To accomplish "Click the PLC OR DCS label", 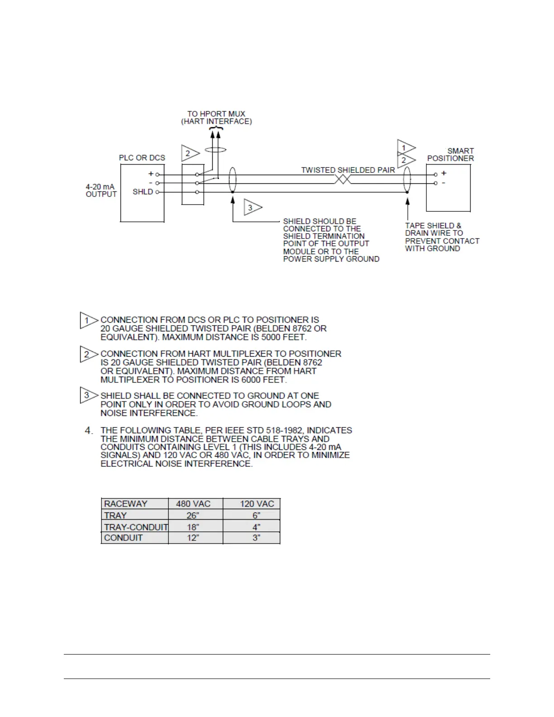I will (142, 158).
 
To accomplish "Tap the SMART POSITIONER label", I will (451, 155).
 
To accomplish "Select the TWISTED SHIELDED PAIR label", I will (348, 170).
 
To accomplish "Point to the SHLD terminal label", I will (143, 192).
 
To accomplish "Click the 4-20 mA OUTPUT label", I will (101, 191).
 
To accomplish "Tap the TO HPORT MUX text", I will (216, 114).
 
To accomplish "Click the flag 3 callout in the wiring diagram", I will (251, 208).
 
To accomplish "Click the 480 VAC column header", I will (193, 504).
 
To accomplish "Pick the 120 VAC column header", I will (257, 504).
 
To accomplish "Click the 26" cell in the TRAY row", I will (193, 516).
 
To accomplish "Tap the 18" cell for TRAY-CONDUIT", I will (193, 527).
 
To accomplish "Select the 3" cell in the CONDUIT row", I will (257, 538).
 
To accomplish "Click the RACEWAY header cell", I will (126, 504).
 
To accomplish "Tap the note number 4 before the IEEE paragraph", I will (89, 430).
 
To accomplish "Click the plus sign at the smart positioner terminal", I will (444, 173).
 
